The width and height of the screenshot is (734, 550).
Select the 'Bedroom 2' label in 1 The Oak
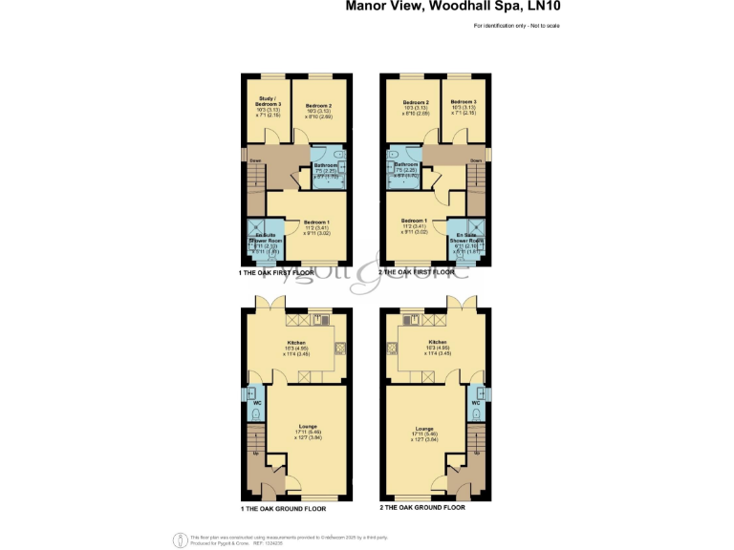319,105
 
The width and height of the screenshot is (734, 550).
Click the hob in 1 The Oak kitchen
341,349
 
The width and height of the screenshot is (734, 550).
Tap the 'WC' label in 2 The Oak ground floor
475,403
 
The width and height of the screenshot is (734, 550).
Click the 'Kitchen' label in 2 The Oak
438,341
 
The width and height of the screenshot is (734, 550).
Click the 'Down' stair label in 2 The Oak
475,160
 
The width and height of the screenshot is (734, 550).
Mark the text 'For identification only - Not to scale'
516,24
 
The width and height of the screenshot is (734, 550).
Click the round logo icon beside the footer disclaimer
179,539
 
